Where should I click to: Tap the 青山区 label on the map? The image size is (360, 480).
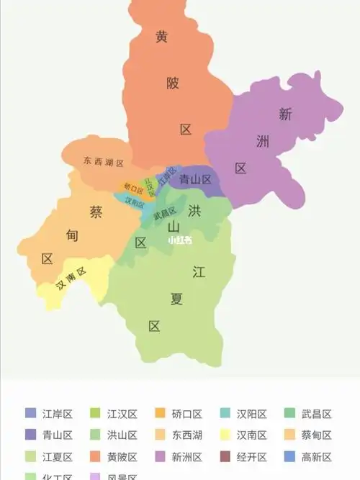click(195, 179)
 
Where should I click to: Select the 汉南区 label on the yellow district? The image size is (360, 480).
click(71, 282)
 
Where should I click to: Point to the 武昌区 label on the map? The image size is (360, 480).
click(165, 212)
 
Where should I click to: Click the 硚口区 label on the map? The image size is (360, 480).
click(132, 189)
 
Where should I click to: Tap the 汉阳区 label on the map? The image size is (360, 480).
click(134, 201)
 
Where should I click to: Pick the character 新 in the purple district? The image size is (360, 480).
click(285, 113)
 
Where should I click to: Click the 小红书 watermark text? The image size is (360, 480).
click(180, 241)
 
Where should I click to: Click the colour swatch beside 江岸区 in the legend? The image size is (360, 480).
click(30, 414)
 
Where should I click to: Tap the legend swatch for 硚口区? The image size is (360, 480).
click(160, 414)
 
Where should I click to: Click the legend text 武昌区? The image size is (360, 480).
click(317, 414)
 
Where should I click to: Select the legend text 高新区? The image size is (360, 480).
click(317, 457)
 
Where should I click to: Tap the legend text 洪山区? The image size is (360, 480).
click(122, 435)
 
